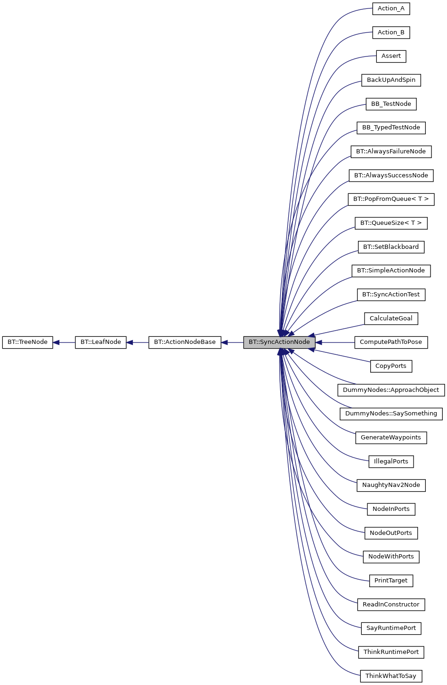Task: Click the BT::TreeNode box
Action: (x=27, y=342)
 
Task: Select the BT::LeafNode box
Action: (x=100, y=342)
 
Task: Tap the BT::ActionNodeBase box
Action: (x=185, y=342)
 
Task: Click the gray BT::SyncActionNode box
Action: (x=279, y=342)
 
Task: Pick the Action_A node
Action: (x=391, y=8)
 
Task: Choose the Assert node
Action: (x=391, y=56)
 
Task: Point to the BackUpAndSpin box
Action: (x=391, y=80)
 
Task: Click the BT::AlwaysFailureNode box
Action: (x=391, y=151)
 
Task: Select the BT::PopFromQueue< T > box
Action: (x=391, y=199)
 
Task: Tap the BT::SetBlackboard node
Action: (x=391, y=247)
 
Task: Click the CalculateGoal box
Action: (x=391, y=319)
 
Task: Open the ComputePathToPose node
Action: (x=391, y=342)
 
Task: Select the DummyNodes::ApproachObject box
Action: (x=391, y=390)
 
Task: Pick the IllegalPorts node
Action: (x=391, y=462)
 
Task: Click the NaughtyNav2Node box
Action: (x=391, y=485)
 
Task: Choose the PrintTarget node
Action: (x=391, y=581)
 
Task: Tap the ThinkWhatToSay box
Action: (x=391, y=676)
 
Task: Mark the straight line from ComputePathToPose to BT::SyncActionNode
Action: (x=335, y=342)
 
